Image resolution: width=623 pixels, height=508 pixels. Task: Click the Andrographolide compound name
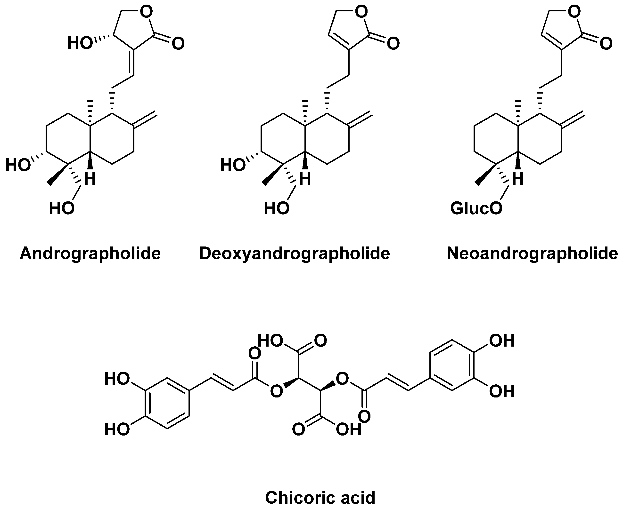coord(90,254)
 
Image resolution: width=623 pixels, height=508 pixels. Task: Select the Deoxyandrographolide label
coord(294,254)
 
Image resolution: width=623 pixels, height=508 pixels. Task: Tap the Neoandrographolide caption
coord(532,254)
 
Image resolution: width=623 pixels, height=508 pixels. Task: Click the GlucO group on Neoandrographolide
coord(476,209)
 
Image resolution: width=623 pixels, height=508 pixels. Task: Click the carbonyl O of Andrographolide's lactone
coord(178,44)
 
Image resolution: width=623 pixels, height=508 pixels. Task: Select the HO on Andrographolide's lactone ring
coord(80,43)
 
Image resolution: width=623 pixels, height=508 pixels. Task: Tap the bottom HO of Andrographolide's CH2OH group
coord(62,209)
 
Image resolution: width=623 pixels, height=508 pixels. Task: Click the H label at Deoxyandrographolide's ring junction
coord(305,179)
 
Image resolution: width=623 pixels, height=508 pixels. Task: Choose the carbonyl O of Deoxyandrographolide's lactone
coord(393,44)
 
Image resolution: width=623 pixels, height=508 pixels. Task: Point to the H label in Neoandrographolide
coord(517,179)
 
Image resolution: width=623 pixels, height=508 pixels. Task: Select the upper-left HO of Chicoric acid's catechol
coord(117,379)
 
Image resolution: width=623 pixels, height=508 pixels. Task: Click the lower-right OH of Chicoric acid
coord(502,391)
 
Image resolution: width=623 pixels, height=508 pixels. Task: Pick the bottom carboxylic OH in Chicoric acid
coord(348,429)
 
